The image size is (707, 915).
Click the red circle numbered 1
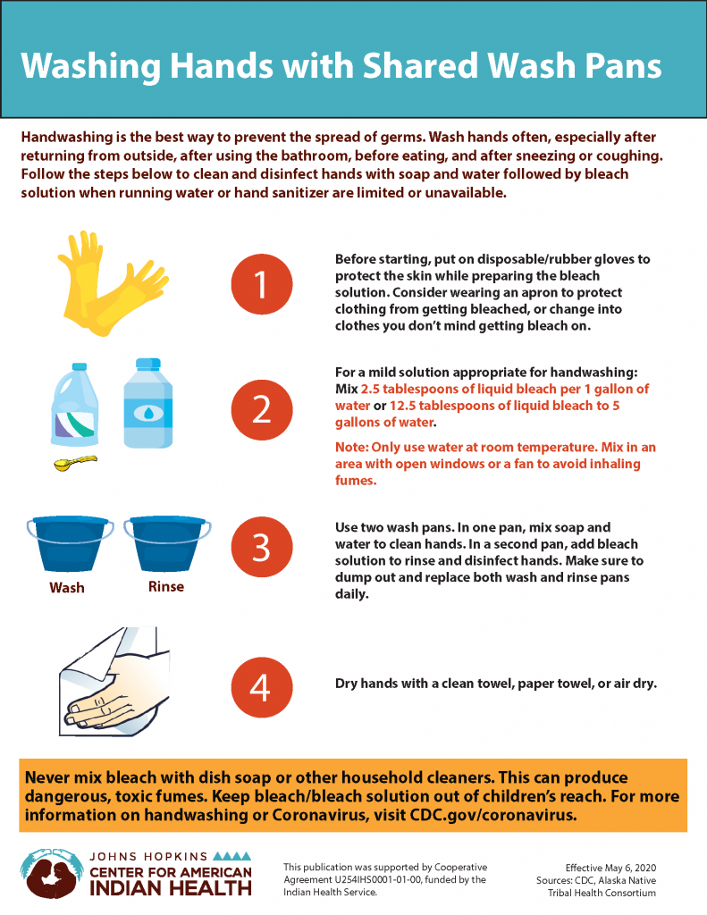(x=262, y=284)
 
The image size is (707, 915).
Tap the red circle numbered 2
(x=262, y=409)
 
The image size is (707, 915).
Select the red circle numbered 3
(x=262, y=547)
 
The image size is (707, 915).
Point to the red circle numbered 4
(x=262, y=687)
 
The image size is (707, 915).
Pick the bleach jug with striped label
(x=75, y=405)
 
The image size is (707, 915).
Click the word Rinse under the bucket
(x=166, y=586)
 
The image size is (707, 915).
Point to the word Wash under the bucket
(x=66, y=587)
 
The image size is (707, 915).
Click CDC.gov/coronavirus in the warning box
(x=493, y=815)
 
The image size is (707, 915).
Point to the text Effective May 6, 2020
(x=610, y=868)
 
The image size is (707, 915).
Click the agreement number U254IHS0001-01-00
(x=377, y=879)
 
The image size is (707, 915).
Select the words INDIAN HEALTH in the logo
(x=171, y=888)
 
